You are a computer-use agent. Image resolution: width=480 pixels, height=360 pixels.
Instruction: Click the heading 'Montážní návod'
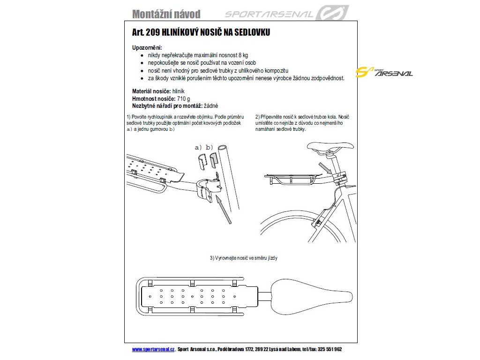tap(166, 14)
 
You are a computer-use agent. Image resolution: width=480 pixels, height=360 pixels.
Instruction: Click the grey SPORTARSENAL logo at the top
tap(286, 14)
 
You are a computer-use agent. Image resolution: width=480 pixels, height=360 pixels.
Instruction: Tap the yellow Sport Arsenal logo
tap(384, 72)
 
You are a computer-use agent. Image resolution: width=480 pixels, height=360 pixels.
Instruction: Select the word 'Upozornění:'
tap(147, 48)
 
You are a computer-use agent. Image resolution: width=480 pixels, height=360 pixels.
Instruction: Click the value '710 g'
tap(183, 99)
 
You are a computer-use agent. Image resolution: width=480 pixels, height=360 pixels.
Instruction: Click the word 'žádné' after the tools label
tap(210, 106)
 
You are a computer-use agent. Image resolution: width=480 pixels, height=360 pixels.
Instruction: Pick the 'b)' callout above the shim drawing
tap(210, 148)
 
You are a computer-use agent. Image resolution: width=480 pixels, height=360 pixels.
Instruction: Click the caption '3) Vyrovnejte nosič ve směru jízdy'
tap(244, 258)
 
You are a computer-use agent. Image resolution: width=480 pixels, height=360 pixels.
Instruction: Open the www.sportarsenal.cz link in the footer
tap(153, 350)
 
